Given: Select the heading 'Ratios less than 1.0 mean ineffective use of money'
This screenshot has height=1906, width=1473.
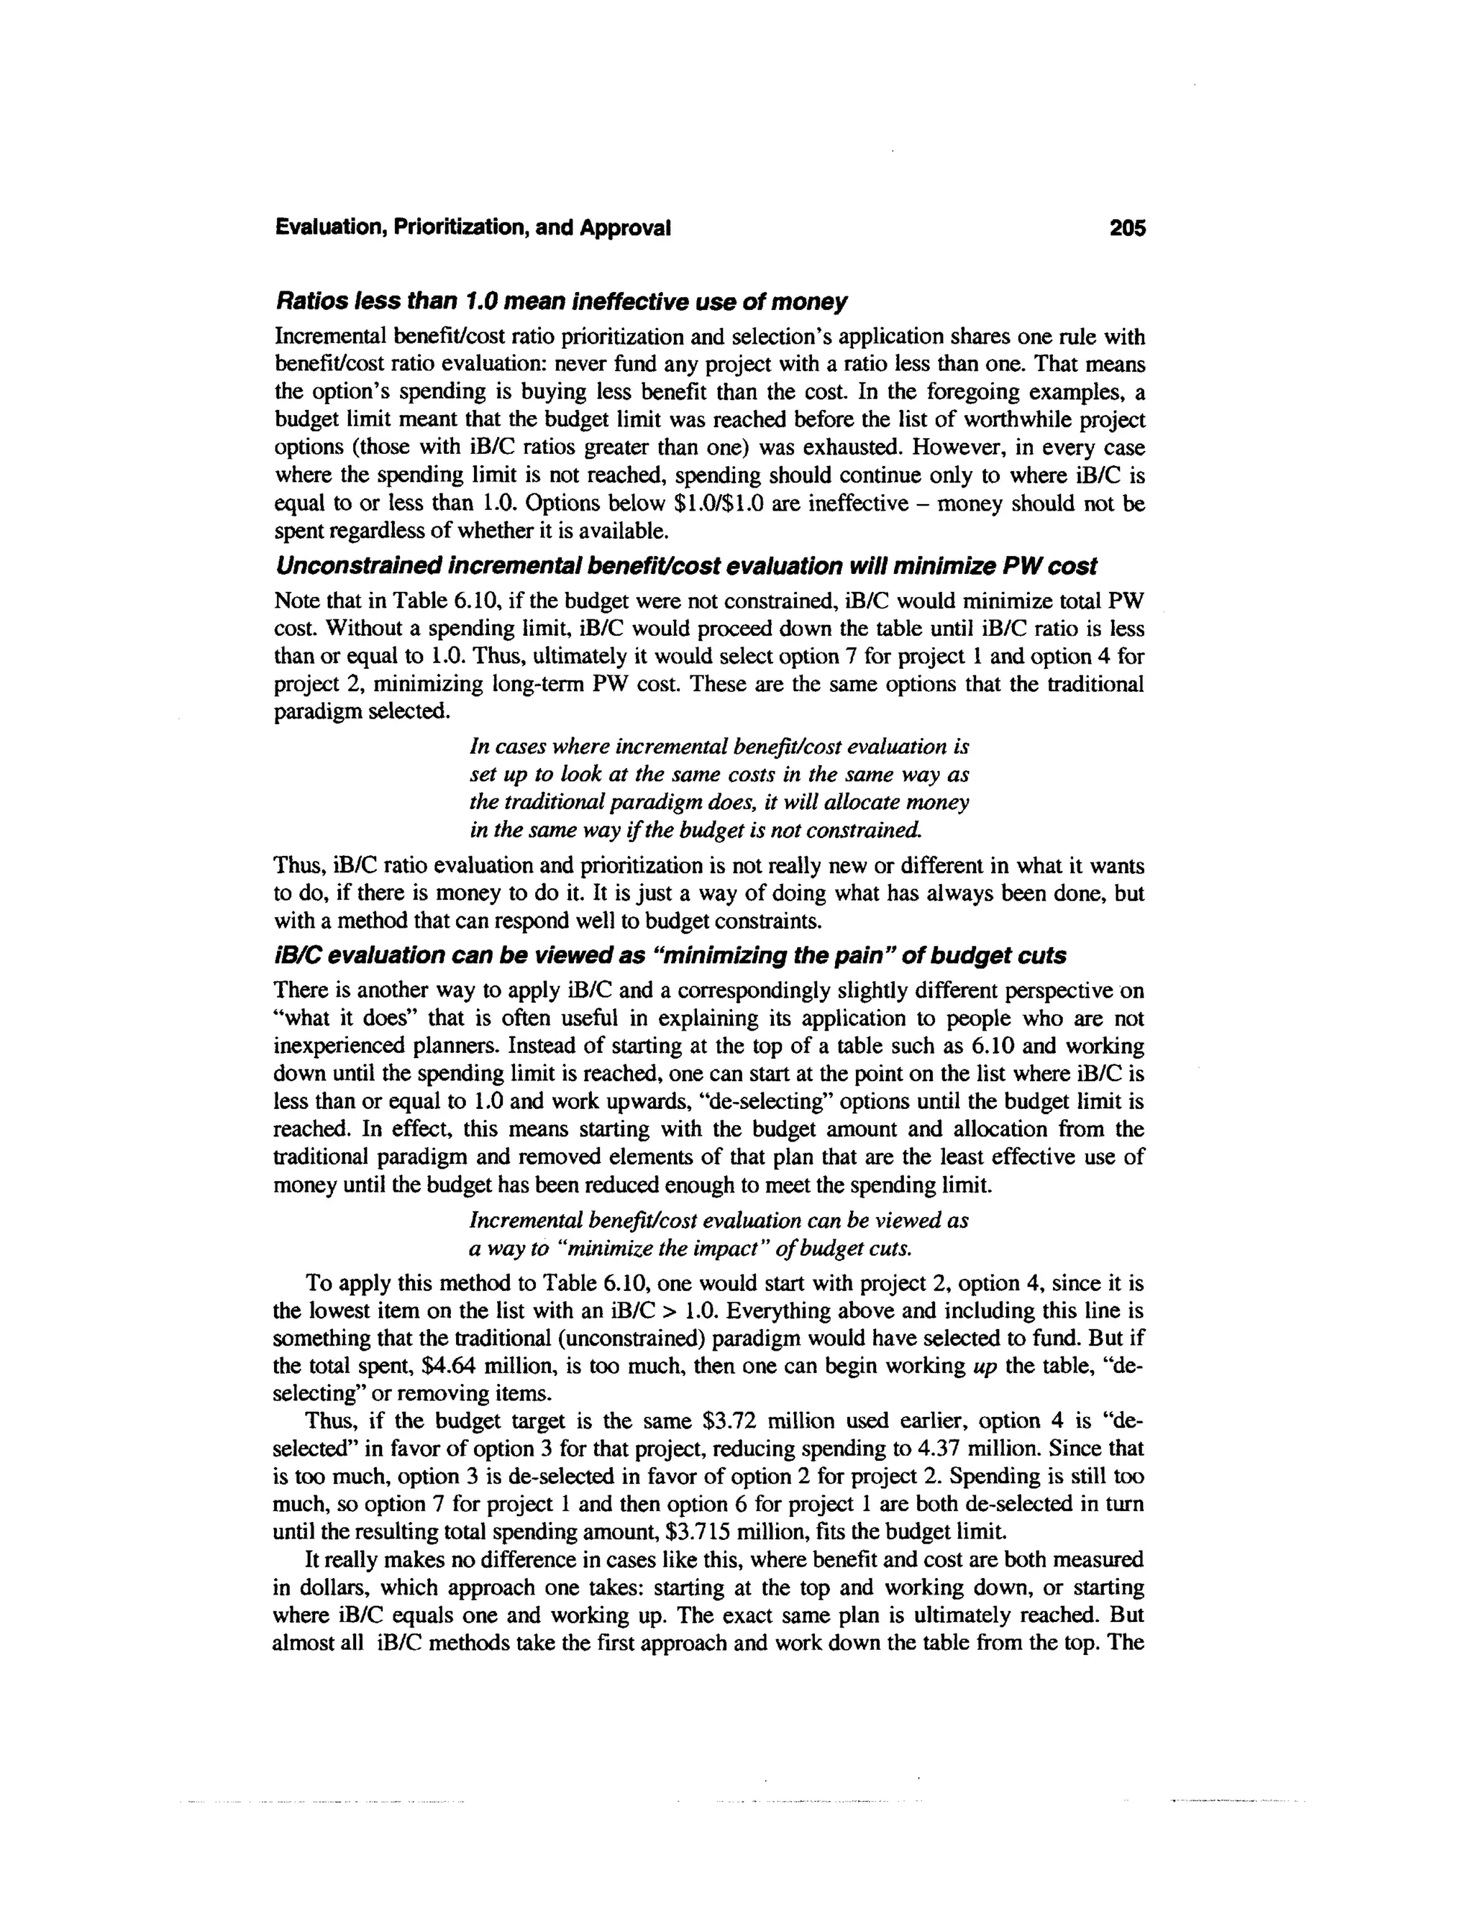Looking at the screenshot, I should tap(560, 302).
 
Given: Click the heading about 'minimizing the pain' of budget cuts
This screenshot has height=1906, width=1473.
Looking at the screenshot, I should tap(670, 956).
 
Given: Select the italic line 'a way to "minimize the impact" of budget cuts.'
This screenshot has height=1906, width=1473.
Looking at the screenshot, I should tap(690, 1249).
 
